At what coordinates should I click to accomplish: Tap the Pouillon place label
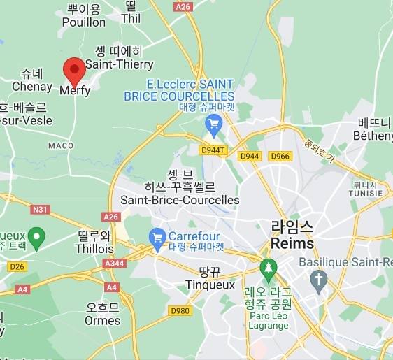[83, 22]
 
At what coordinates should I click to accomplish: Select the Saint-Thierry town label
[120, 64]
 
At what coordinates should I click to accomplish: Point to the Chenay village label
[31, 86]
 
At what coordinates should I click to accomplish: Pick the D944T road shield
[213, 150]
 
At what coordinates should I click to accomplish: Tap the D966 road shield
[280, 156]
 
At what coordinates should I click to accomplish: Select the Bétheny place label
[373, 136]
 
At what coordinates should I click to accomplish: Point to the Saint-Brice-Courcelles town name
[180, 200]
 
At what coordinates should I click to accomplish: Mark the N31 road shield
[40, 209]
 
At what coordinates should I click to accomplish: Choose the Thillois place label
[94, 248]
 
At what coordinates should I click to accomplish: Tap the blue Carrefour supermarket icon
[157, 236]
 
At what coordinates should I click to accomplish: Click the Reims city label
[292, 243]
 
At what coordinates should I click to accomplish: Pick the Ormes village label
[102, 321]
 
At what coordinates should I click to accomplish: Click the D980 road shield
[179, 310]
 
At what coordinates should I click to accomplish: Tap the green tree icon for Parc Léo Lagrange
[267, 267]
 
